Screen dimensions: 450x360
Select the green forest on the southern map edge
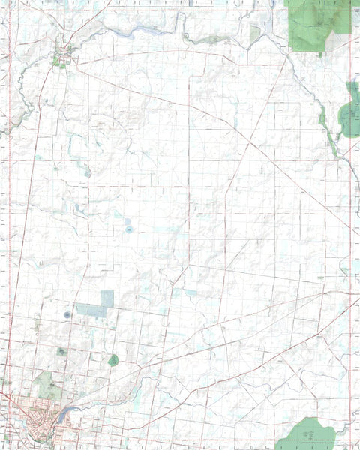coord(307,433)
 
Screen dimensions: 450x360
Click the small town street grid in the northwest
coord(63,55)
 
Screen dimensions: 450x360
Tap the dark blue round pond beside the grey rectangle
coord(67,313)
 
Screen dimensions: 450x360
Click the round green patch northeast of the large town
coord(112,360)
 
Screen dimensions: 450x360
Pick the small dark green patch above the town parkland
coord(61,351)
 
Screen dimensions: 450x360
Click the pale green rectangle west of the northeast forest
coord(255,33)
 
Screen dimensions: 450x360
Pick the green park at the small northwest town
coord(58,64)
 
